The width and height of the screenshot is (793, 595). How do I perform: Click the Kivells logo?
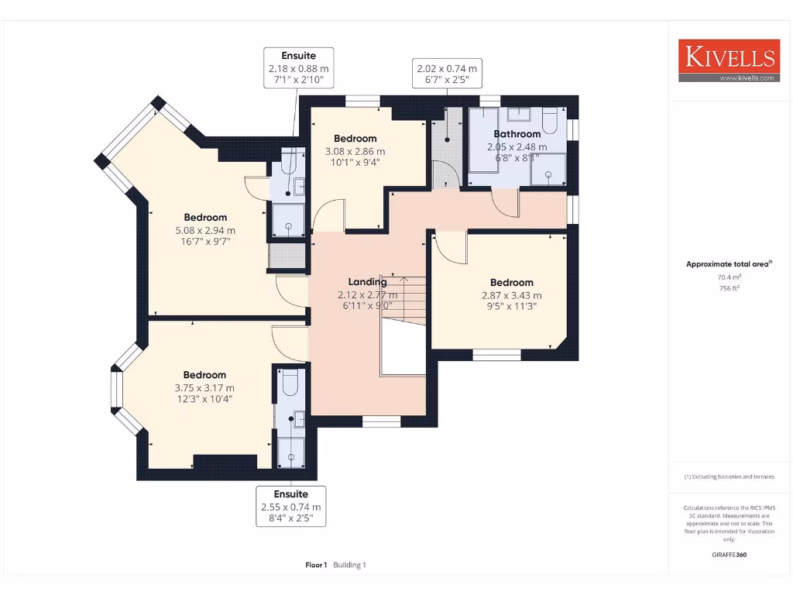[727, 60]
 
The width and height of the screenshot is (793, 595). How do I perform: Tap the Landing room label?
[367, 282]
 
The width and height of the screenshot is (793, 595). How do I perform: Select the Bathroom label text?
[517, 134]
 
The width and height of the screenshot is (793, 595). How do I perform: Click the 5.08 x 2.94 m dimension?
[205, 230]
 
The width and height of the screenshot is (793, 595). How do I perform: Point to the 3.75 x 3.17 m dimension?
[204, 388]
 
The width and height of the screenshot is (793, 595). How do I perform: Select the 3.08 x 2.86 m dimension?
[355, 151]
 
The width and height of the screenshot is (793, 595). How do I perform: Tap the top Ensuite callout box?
[298, 68]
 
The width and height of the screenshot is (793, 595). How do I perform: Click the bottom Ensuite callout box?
[290, 506]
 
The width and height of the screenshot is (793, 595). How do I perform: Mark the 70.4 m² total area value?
[729, 276]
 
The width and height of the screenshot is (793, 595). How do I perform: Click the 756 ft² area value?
[729, 287]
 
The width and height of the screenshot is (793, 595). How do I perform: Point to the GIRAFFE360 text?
[729, 555]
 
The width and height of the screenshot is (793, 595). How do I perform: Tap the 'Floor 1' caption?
[317, 565]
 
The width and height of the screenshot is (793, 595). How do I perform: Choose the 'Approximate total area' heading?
[728, 264]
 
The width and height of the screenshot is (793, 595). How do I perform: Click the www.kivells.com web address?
[747, 78]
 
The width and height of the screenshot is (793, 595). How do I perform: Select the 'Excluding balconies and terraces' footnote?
[729, 476]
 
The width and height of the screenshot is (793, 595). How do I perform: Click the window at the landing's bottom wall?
[381, 421]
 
